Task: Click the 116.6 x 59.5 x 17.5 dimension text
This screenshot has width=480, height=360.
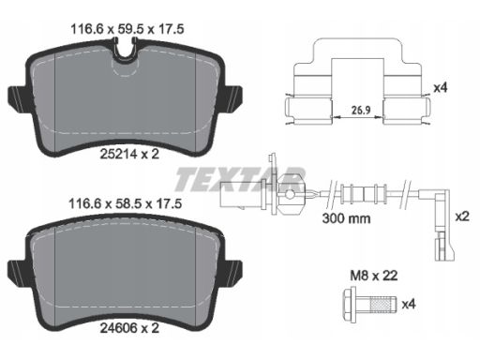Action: pos(127,29)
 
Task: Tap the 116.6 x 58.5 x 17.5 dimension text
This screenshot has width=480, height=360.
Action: pos(126,204)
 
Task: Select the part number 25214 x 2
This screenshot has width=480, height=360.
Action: pos(129,154)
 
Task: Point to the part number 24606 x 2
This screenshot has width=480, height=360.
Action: pos(129,328)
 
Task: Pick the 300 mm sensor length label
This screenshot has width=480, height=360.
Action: pos(346,218)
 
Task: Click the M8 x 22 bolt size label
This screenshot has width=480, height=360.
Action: pos(374,276)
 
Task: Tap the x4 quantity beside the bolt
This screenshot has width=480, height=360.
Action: pos(409,304)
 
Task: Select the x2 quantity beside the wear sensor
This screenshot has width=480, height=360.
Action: pos(462,217)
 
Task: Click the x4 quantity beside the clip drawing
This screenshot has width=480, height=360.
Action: pos(441,88)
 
